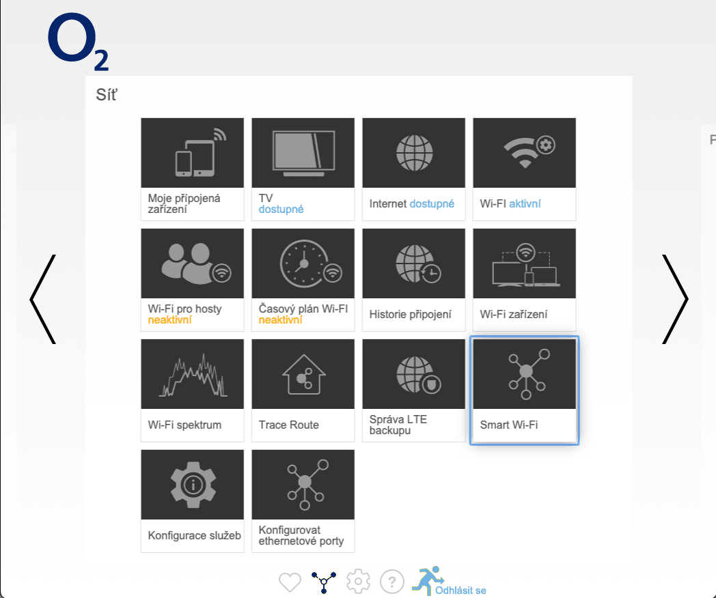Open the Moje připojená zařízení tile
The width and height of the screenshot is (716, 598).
192,169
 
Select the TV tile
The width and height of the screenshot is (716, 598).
303,169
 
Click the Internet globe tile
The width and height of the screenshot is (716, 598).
413,154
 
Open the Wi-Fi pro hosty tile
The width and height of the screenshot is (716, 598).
192,279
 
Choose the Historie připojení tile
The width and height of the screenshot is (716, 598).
413,279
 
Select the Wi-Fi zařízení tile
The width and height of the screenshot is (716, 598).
524,279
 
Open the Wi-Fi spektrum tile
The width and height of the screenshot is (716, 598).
192,390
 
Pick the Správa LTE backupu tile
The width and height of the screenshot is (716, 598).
413,390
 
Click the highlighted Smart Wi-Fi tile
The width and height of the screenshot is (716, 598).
524,390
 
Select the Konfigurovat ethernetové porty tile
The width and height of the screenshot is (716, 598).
303,500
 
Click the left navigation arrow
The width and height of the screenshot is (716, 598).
43,299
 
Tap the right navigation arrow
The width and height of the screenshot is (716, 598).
674,299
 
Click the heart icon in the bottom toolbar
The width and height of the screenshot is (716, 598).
290,582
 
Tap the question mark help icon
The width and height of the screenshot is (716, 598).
391,582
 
